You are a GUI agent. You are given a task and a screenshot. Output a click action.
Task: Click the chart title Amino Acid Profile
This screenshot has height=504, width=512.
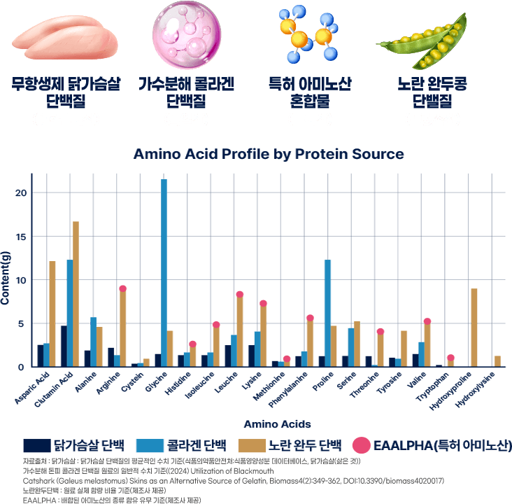tap(268, 154)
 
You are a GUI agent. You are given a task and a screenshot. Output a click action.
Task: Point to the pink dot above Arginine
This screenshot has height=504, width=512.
tap(122, 288)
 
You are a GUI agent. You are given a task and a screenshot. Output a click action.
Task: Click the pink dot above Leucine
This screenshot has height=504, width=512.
tap(240, 295)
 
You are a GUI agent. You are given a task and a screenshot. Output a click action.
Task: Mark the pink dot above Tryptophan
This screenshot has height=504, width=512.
tap(450, 358)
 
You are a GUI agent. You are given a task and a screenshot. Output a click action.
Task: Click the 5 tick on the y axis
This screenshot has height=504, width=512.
tap(22, 323)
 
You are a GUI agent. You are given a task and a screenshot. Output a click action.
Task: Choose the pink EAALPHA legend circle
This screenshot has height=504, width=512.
tap(360, 444)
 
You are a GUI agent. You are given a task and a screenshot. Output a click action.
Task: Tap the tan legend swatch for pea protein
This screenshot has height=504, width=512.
tap(253, 444)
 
